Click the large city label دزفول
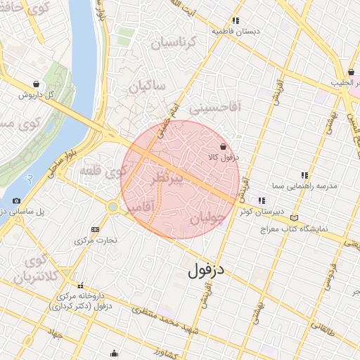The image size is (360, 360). coord(209,269)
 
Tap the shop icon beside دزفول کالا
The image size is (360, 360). coord(223,147)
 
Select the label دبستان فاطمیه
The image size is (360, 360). coord(236,32)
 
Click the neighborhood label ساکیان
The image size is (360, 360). coord(146,86)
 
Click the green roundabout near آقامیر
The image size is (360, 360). coord(112,207)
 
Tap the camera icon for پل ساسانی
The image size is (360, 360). coord(17,201)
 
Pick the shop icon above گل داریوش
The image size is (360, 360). coord(36,84)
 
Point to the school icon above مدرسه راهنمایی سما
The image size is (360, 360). coord(304,175)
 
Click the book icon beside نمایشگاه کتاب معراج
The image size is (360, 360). coord(293,218)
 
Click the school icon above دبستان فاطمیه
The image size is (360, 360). coord(236,20)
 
